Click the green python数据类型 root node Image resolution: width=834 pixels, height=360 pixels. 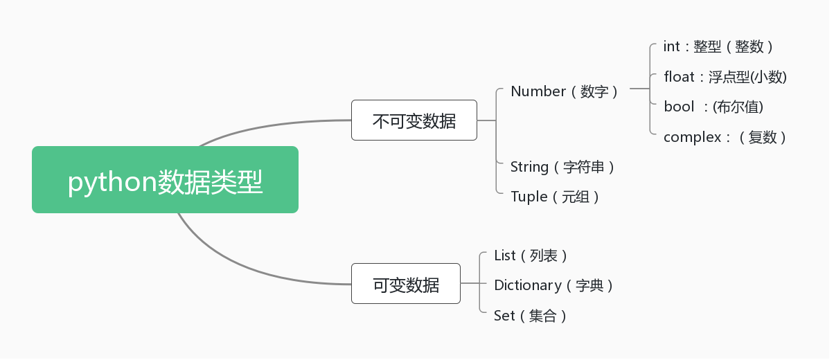[x=165, y=180]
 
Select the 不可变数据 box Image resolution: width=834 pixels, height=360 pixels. [x=414, y=120]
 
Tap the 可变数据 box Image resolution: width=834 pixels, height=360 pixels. [x=405, y=284]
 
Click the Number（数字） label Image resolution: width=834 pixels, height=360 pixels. [x=564, y=91]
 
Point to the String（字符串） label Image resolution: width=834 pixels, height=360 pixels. [x=562, y=167]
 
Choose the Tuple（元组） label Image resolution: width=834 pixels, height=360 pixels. [x=554, y=197]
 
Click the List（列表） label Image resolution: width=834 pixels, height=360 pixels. [x=531, y=255]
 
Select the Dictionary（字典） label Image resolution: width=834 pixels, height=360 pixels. [x=553, y=285]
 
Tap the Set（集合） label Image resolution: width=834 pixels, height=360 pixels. [x=530, y=316]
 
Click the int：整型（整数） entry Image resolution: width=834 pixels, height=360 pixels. [x=718, y=46]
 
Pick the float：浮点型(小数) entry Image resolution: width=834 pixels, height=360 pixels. [x=725, y=77]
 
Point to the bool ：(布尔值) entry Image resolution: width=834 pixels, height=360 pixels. [x=713, y=107]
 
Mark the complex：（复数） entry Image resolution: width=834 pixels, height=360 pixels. [x=725, y=137]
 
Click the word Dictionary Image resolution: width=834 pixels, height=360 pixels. [x=527, y=285]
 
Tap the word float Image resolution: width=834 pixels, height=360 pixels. [x=679, y=77]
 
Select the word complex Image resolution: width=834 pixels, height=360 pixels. [x=692, y=137]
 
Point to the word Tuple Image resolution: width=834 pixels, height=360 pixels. [x=529, y=197]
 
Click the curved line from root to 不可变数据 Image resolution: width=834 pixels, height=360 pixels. [x=270, y=125]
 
